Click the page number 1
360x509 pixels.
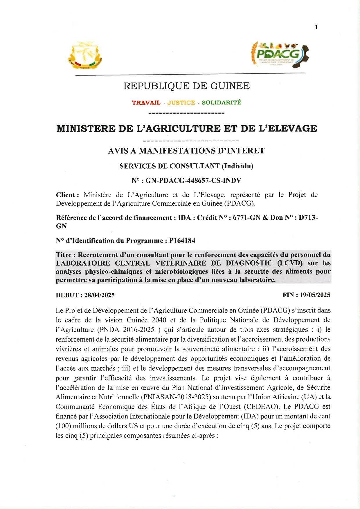coord(316,27)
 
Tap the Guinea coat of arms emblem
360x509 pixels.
coord(85,55)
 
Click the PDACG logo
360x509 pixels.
coord(280,54)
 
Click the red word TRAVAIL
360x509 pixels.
coord(146,103)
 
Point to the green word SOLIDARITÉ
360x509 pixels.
coord(222,102)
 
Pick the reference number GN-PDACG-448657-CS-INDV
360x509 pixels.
coord(193,181)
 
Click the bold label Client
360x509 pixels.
coord(66,195)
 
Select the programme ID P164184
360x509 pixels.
coord(182,241)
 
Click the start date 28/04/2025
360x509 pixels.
coord(99,295)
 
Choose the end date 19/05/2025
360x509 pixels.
coord(315,295)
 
